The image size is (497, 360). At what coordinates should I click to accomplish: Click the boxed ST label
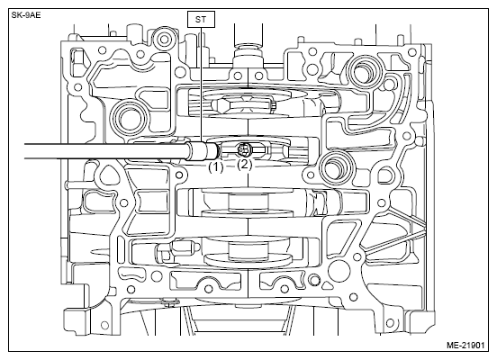pyautogui.click(x=201, y=19)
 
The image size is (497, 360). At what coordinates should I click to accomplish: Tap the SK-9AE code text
pyautogui.click(x=26, y=15)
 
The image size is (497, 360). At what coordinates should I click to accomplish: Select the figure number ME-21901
pyautogui.click(x=465, y=345)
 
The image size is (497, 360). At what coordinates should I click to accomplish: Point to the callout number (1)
pyautogui.click(x=216, y=166)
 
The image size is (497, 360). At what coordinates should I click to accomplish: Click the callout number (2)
pyautogui.click(x=245, y=165)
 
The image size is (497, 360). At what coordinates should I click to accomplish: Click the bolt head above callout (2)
pyautogui.click(x=243, y=149)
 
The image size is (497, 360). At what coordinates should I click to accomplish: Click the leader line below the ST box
pyautogui.click(x=201, y=85)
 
